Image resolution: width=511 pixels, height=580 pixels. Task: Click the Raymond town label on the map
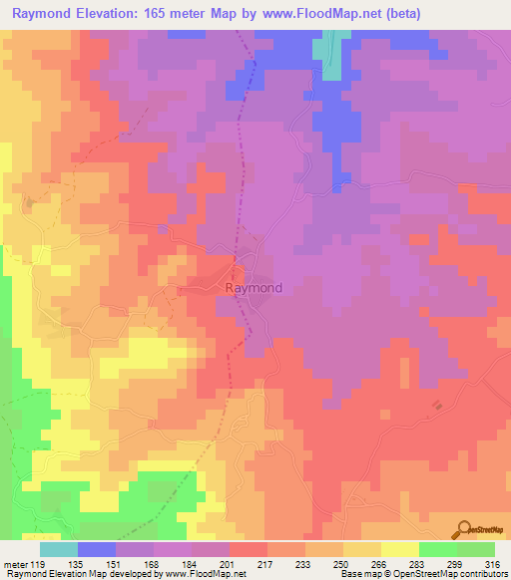click(254, 288)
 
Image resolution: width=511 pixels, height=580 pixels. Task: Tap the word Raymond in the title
click(49, 14)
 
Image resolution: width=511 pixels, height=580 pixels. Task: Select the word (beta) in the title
click(399, 14)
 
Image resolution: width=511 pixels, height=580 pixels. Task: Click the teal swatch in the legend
click(59, 549)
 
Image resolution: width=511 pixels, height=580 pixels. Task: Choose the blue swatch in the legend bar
click(97, 549)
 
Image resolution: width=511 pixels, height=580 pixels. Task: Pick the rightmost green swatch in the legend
click(476, 549)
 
